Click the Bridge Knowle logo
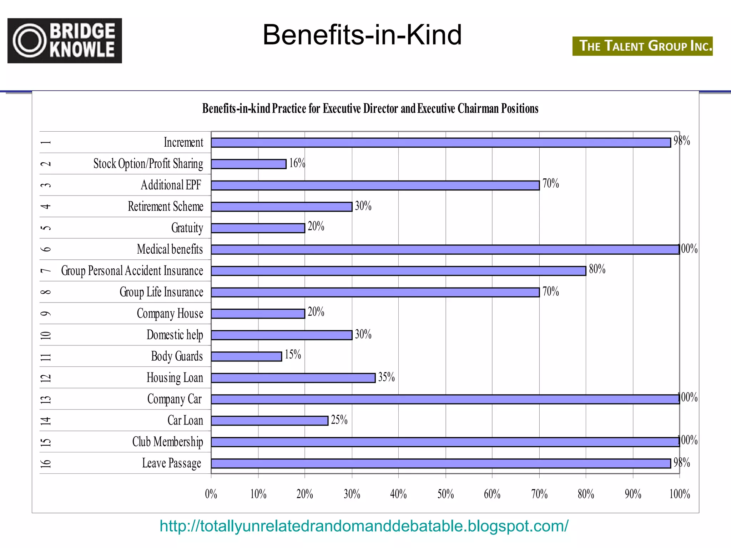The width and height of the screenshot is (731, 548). click(x=65, y=41)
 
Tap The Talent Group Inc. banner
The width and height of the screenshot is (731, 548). click(x=642, y=46)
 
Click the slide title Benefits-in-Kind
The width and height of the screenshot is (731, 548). click(x=362, y=35)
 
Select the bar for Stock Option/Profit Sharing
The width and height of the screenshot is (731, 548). click(x=248, y=164)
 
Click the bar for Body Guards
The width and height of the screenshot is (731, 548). click(x=246, y=356)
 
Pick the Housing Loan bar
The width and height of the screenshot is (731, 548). click(x=293, y=378)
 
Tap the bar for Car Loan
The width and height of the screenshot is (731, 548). click(x=269, y=421)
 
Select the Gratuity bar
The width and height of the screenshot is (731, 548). click(x=258, y=228)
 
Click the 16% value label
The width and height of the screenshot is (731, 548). click(x=297, y=163)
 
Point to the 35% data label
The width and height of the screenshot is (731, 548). click(x=386, y=377)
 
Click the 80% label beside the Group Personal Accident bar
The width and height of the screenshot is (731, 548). click(x=597, y=269)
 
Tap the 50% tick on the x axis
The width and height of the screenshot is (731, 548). click(x=445, y=494)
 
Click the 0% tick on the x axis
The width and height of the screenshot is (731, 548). click(x=211, y=494)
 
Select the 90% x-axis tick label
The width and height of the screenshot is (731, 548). click(x=633, y=494)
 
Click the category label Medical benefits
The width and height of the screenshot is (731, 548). click(x=170, y=249)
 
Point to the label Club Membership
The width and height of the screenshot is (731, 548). click(x=167, y=442)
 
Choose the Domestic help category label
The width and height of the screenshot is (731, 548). click(x=175, y=335)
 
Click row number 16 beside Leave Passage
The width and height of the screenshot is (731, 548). click(x=46, y=463)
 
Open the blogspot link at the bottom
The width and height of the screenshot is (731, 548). click(x=364, y=526)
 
